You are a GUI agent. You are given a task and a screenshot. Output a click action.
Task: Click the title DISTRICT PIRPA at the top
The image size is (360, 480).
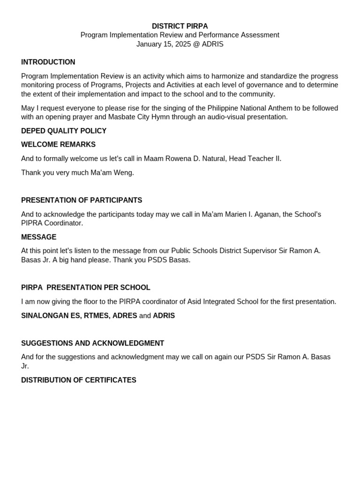point(180,26)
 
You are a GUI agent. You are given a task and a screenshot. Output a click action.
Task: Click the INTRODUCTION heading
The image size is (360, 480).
point(48,62)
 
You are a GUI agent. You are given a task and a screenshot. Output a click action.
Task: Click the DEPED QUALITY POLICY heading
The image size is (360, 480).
point(64,131)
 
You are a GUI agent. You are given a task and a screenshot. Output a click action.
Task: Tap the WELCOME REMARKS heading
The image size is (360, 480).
point(58,144)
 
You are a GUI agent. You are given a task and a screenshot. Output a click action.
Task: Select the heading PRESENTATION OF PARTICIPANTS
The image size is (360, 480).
point(82,200)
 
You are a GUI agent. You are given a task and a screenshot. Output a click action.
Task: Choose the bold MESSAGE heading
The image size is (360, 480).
point(38,237)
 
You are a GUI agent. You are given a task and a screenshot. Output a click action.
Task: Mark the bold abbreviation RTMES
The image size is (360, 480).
point(96,315)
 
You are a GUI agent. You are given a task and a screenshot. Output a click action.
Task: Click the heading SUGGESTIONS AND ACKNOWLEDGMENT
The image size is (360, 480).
point(92,343)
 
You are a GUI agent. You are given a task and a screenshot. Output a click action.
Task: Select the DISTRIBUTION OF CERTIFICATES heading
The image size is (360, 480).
point(79,380)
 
